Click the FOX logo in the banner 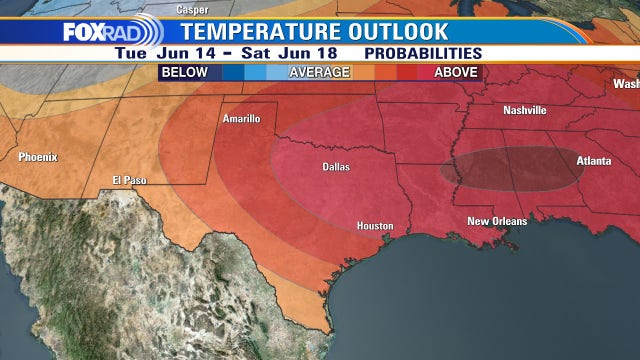[83, 32]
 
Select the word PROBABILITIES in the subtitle [424, 52]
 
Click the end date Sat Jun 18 [292, 52]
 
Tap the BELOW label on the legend [186, 72]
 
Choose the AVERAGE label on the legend [320, 72]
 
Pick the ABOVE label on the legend [455, 72]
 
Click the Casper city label [192, 9]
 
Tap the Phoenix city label [38, 156]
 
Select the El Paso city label [130, 180]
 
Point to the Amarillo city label [240, 119]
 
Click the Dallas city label [335, 167]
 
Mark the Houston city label [374, 226]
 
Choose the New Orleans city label [497, 220]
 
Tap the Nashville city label [525, 110]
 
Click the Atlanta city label [596, 160]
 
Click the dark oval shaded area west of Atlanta [510, 168]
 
